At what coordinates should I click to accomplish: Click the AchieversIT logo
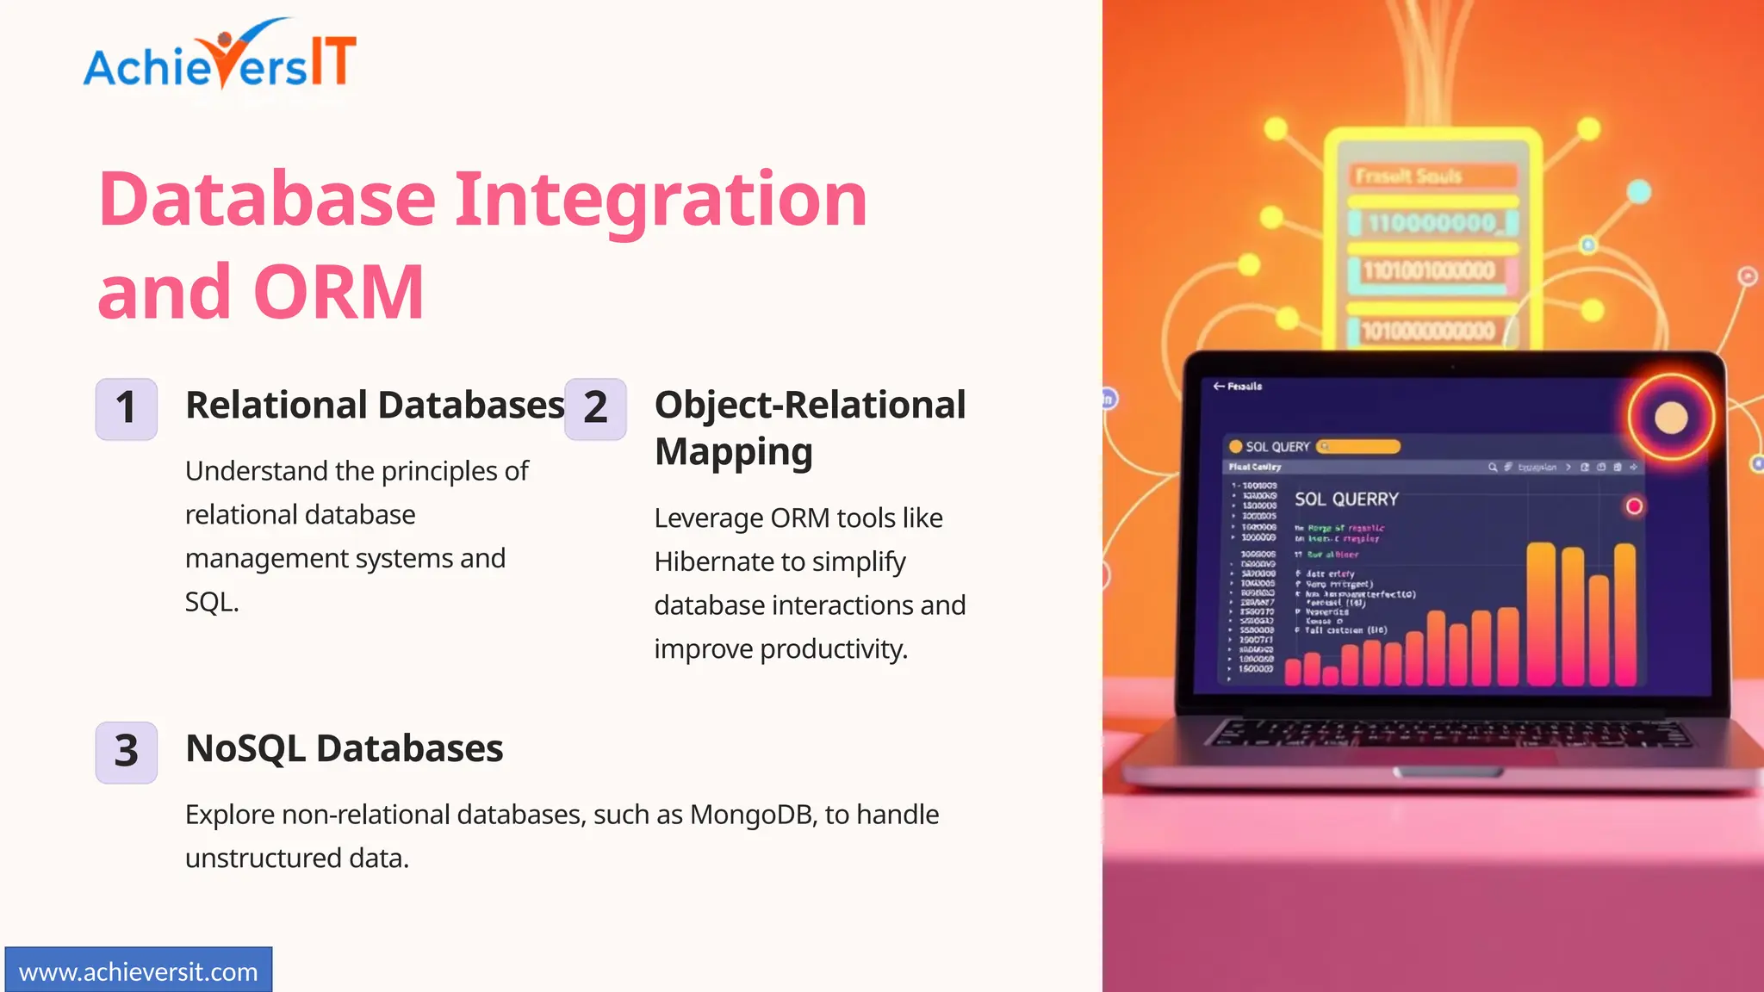coord(220,57)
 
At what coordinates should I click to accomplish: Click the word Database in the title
coord(268,200)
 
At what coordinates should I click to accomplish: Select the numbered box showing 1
coord(127,409)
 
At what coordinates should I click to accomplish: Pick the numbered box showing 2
coord(595,409)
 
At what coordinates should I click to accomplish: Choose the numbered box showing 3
coord(127,752)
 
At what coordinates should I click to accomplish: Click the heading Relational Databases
coord(375,406)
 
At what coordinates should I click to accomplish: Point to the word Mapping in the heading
coord(733,452)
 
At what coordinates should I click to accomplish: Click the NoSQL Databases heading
coord(344,748)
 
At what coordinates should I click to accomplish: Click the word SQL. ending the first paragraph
coord(211,603)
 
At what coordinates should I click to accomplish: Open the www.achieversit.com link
coord(138,972)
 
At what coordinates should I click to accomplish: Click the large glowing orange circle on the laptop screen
coord(1670,418)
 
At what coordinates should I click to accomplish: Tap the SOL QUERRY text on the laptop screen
coord(1346,499)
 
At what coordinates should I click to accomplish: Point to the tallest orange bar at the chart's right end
coord(1624,613)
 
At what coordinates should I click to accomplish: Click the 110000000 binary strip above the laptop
coord(1432,224)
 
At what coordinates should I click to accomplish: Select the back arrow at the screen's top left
coord(1219,386)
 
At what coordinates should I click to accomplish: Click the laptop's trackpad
coord(1449,772)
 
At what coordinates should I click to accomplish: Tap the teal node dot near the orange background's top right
coord(1638,191)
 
